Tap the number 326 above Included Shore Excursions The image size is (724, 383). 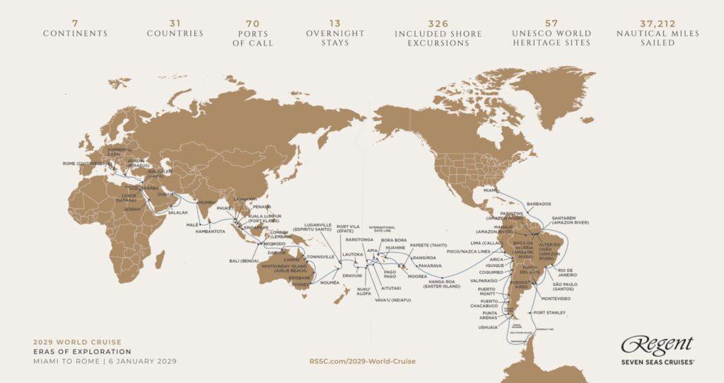pos(438,23)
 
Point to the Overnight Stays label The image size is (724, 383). pos(335,38)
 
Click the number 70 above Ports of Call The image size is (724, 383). pos(252,23)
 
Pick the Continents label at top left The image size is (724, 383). pos(75,33)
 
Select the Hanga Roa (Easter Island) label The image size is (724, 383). pos(443,283)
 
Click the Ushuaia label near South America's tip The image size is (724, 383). pos(488,327)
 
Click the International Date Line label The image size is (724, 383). pos(382,229)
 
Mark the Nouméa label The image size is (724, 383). pos(330,282)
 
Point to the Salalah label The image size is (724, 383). pos(178,212)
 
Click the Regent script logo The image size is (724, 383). pos(657,345)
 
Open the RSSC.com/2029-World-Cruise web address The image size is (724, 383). pos(362,361)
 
